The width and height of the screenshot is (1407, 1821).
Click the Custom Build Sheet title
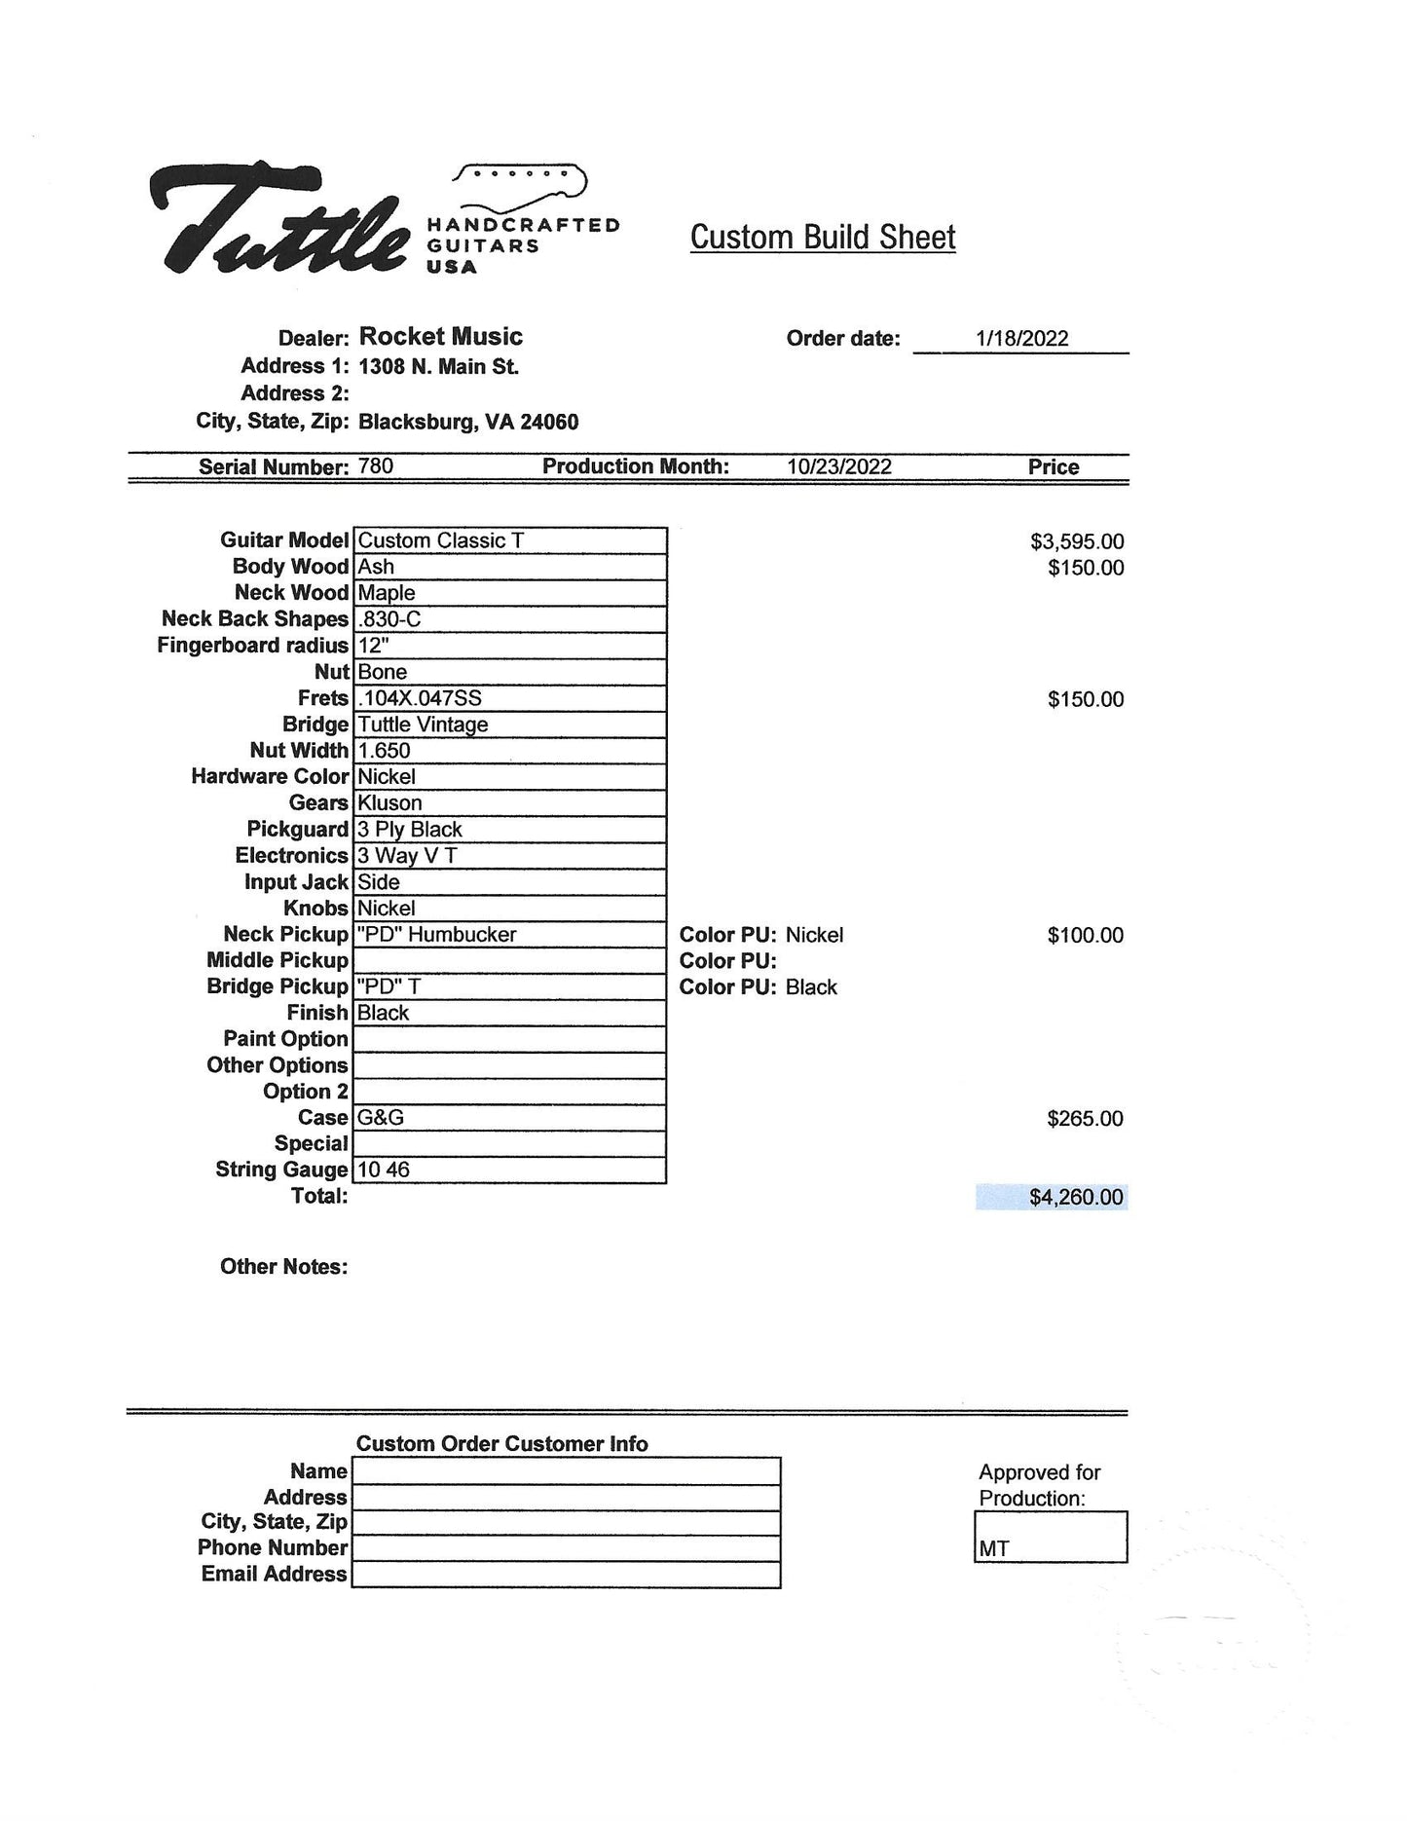click(x=823, y=238)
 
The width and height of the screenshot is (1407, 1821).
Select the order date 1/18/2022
click(x=1021, y=339)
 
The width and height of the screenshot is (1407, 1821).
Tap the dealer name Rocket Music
click(x=440, y=337)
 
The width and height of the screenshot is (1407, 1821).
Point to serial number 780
click(x=376, y=466)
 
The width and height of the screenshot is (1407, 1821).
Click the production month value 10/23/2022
click(x=839, y=466)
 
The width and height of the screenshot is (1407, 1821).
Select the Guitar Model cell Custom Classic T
click(x=509, y=540)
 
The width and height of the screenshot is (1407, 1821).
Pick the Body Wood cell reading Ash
click(x=509, y=567)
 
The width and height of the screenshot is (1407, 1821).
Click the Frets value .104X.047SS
click(x=509, y=698)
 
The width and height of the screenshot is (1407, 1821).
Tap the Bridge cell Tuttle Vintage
click(x=509, y=725)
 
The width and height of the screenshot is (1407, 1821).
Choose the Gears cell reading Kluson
click(x=509, y=803)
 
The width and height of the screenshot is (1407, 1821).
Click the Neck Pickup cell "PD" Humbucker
click(x=509, y=935)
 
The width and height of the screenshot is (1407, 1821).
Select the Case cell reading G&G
click(x=509, y=1118)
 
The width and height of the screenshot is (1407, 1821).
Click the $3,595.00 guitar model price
click(x=1077, y=541)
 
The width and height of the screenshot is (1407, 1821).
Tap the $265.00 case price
click(x=1085, y=1119)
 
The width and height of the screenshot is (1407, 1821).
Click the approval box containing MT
click(x=1051, y=1537)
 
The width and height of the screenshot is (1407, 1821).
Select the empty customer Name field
click(x=566, y=1471)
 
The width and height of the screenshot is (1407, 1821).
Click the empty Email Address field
click(x=566, y=1575)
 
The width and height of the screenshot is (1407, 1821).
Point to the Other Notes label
click(x=283, y=1267)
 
